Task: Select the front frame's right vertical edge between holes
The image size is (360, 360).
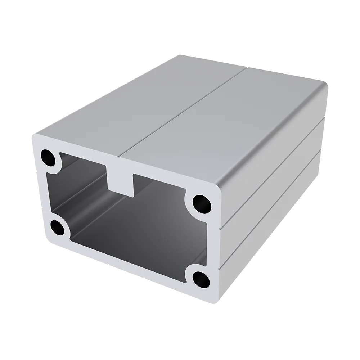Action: click(212, 239)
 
